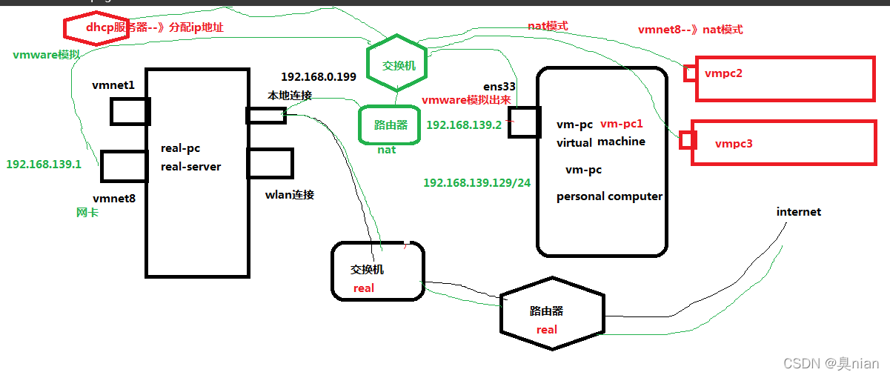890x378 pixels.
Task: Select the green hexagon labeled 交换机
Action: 399,65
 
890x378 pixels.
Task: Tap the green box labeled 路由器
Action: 390,125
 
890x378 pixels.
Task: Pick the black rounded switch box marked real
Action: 377,271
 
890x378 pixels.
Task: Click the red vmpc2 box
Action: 784,79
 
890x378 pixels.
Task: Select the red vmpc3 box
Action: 782,142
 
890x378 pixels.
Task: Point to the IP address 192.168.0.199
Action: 319,77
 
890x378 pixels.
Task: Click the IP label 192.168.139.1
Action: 44,164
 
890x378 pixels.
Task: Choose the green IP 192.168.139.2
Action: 464,125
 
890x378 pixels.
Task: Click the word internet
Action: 799,212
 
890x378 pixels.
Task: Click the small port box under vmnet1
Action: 130,111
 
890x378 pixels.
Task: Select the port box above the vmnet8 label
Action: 123,166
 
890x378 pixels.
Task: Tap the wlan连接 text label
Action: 290,195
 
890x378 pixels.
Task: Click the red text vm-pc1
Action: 622,124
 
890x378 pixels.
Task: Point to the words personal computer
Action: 609,196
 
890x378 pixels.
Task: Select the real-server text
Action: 190,167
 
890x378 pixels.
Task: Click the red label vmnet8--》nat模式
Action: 690,30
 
